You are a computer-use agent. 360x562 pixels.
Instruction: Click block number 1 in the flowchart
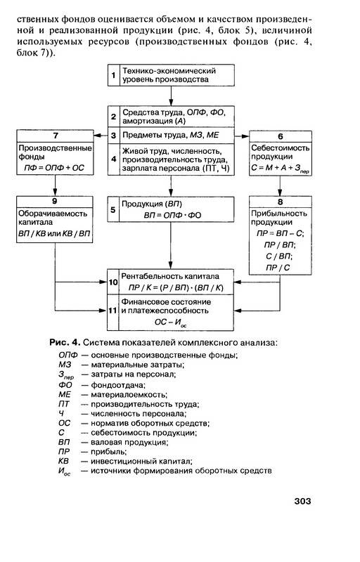tap(113, 75)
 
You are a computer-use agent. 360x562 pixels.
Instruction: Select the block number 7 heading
tap(56, 136)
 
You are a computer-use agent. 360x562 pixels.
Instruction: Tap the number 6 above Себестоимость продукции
tap(281, 136)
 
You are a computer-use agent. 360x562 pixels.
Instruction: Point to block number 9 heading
tap(55, 202)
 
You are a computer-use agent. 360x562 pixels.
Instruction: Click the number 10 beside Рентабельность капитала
tap(113, 282)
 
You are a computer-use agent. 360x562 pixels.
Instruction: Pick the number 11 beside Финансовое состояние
tap(113, 311)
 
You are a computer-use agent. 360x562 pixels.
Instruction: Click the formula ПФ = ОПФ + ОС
tap(54, 168)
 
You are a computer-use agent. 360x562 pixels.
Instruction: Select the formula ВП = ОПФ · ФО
tap(172, 216)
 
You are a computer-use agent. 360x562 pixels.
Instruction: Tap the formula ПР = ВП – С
tap(280, 233)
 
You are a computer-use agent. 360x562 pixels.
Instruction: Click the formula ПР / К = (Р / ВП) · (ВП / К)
tap(176, 288)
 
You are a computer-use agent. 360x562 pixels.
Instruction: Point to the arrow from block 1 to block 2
tap(171, 96)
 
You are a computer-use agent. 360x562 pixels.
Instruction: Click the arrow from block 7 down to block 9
tap(56, 185)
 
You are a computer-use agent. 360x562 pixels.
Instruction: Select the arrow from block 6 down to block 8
tap(280, 185)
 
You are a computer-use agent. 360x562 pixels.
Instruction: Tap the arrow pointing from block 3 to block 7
tap(101, 136)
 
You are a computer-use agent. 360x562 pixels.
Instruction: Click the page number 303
tap(302, 501)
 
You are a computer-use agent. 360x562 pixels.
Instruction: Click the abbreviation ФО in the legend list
tap(65, 385)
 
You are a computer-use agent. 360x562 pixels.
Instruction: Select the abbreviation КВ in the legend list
tap(63, 462)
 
